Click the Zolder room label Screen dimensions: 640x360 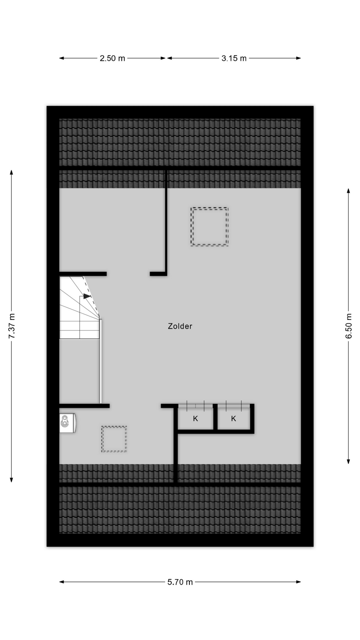coord(180,326)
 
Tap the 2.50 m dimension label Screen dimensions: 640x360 coord(112,58)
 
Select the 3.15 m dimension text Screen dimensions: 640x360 coord(234,58)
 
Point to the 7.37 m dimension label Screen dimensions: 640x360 coord(12,326)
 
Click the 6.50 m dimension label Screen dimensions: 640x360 coord(349,326)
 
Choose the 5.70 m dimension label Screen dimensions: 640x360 coord(180,582)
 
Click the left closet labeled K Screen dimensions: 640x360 coord(195,419)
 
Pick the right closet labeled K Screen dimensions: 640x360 coord(233,419)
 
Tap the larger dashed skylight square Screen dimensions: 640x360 coord(209,227)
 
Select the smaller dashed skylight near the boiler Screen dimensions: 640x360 coord(114,439)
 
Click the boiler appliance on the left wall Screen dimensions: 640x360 coord(67,423)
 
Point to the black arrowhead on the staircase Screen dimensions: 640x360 coord(87,296)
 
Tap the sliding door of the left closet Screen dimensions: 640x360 coord(195,406)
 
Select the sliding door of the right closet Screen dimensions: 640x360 coord(233,406)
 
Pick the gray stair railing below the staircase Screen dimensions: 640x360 coord(100,362)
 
